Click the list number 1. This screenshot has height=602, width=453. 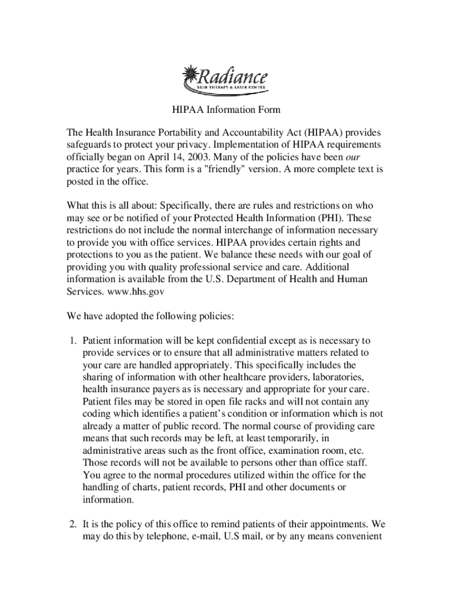click(x=72, y=340)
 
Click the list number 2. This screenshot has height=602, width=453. click(x=72, y=523)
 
